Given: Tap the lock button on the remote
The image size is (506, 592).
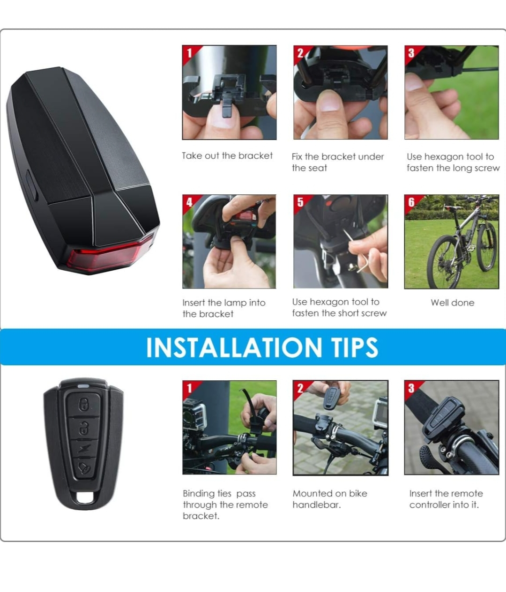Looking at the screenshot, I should [83, 404].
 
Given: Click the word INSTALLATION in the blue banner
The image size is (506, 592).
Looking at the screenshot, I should [232, 348].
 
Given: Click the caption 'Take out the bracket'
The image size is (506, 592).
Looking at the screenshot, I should [227, 156].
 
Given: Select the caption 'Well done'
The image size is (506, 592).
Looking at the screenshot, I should [452, 303].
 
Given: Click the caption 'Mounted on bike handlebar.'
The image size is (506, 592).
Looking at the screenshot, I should [329, 499].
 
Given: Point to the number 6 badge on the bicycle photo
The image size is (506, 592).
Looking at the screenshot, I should [411, 202].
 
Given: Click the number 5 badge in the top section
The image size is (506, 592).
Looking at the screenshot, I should [300, 202].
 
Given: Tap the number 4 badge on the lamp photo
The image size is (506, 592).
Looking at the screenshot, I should [189, 202].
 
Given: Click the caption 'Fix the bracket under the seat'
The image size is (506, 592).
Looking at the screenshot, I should [337, 162].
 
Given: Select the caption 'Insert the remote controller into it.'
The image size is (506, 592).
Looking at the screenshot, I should [446, 499].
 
